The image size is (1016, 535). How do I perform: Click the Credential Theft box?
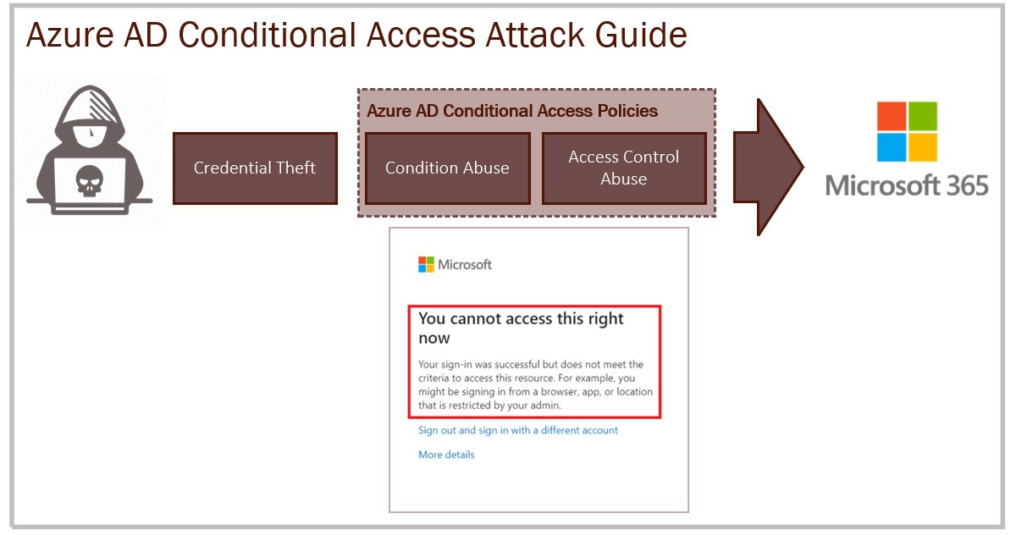coord(255,168)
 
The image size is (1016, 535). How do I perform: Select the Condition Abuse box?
coord(447,168)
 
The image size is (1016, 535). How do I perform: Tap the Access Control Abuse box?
coord(624,168)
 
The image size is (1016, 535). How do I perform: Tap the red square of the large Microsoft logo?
coord(891,115)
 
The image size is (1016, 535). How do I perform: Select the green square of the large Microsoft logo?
coord(923,115)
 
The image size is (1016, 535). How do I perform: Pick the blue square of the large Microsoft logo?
coord(891,147)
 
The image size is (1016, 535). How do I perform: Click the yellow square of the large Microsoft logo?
coord(923,147)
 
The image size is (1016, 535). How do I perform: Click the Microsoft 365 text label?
coord(907,185)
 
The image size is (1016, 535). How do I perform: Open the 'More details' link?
coord(446,455)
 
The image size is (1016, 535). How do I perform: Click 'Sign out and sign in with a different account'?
coord(518,430)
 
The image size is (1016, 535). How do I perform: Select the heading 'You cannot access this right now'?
coord(521,328)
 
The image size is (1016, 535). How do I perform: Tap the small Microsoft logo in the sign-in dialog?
coord(426,265)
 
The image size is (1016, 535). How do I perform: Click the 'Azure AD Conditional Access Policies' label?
coord(512,111)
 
